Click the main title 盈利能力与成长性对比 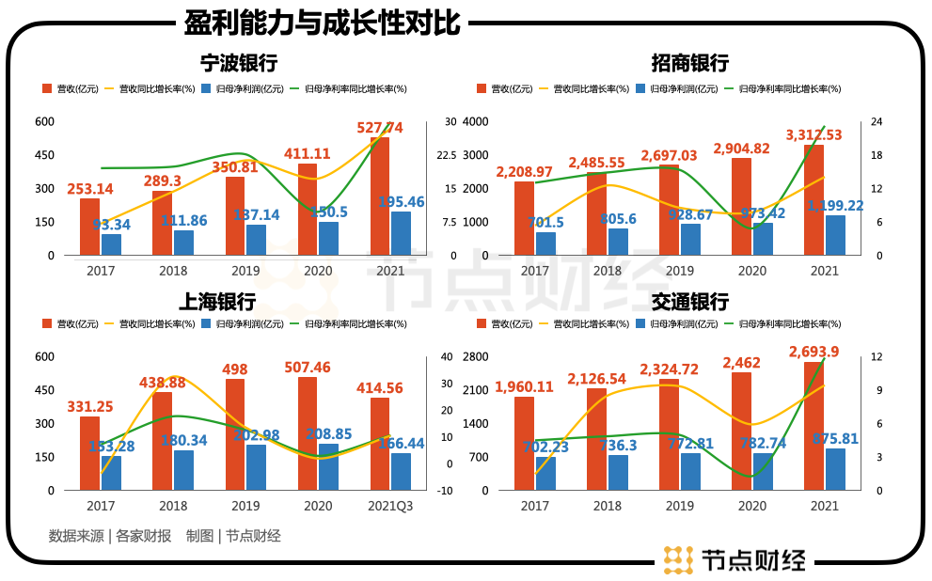tap(323, 22)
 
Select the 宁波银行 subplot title tap(239, 64)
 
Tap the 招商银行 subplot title tap(689, 64)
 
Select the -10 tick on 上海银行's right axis tap(446, 491)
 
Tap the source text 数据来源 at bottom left tap(76, 536)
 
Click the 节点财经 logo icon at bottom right tap(677, 559)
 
